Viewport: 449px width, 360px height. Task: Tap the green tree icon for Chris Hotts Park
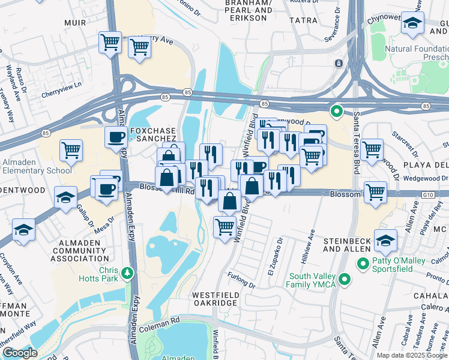[127, 274]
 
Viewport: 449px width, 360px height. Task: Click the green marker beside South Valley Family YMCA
[345, 280]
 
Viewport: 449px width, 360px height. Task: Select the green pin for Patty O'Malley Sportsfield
[363, 263]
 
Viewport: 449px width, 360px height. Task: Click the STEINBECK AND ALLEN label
[349, 244]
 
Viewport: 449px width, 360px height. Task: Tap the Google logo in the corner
[20, 353]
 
